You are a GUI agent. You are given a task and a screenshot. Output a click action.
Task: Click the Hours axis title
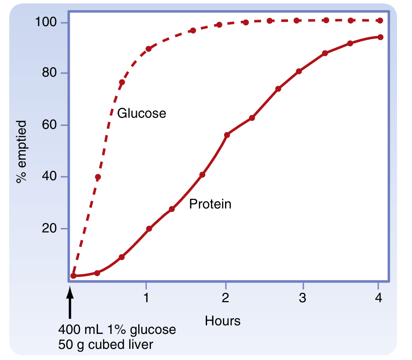[x=222, y=321]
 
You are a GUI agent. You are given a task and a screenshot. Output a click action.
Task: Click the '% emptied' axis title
[x=21, y=152]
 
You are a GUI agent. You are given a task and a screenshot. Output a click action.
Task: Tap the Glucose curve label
[x=141, y=113]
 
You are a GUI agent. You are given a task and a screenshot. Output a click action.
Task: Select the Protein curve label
[x=210, y=204]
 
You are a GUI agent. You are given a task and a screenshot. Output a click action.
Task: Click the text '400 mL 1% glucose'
[x=117, y=330]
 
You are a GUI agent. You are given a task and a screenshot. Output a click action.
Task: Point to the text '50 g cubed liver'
[x=105, y=344]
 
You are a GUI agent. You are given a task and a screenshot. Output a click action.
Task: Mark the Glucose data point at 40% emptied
[x=98, y=177]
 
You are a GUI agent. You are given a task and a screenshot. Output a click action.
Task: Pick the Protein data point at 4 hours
[x=380, y=37]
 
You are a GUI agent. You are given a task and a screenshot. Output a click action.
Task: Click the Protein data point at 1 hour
[x=149, y=229]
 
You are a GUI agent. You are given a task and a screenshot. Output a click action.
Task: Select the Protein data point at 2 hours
[x=227, y=135]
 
